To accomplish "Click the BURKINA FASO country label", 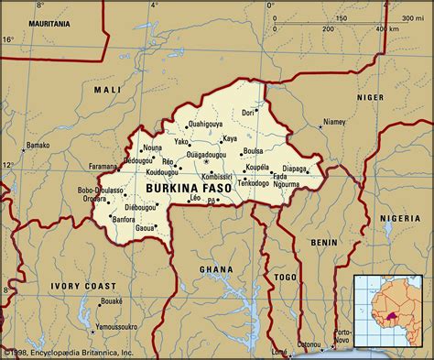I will [x=190, y=188].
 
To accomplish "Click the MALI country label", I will [x=106, y=90].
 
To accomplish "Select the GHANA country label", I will [x=216, y=269].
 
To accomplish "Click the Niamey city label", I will [x=334, y=122].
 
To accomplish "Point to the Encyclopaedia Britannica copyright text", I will [x=69, y=352].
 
